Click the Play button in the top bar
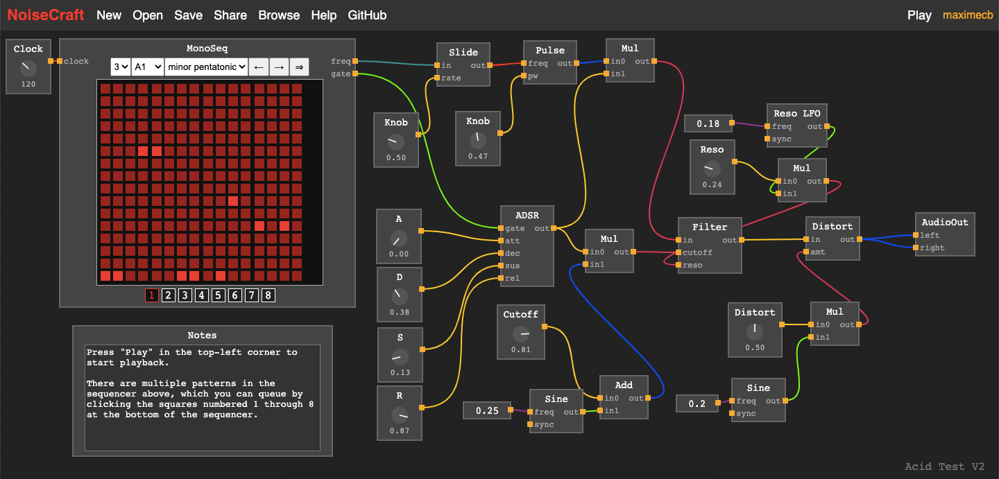[x=919, y=15]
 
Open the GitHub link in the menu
[x=367, y=15]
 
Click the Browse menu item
[x=279, y=15]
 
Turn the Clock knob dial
[x=28, y=68]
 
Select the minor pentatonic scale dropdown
[x=206, y=67]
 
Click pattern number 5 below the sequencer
[x=219, y=295]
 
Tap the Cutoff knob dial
[x=520, y=334]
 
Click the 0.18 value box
[x=708, y=123]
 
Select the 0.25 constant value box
[x=487, y=410]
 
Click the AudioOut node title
[x=944, y=222]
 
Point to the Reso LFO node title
[x=796, y=114]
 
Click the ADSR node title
[x=527, y=215]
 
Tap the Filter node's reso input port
[x=680, y=265]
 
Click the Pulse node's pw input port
[x=524, y=76]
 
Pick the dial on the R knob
[x=399, y=415]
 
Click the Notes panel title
[x=202, y=336]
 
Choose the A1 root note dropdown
[x=148, y=67]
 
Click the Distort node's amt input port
[x=807, y=252]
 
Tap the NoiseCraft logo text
[x=46, y=15]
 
